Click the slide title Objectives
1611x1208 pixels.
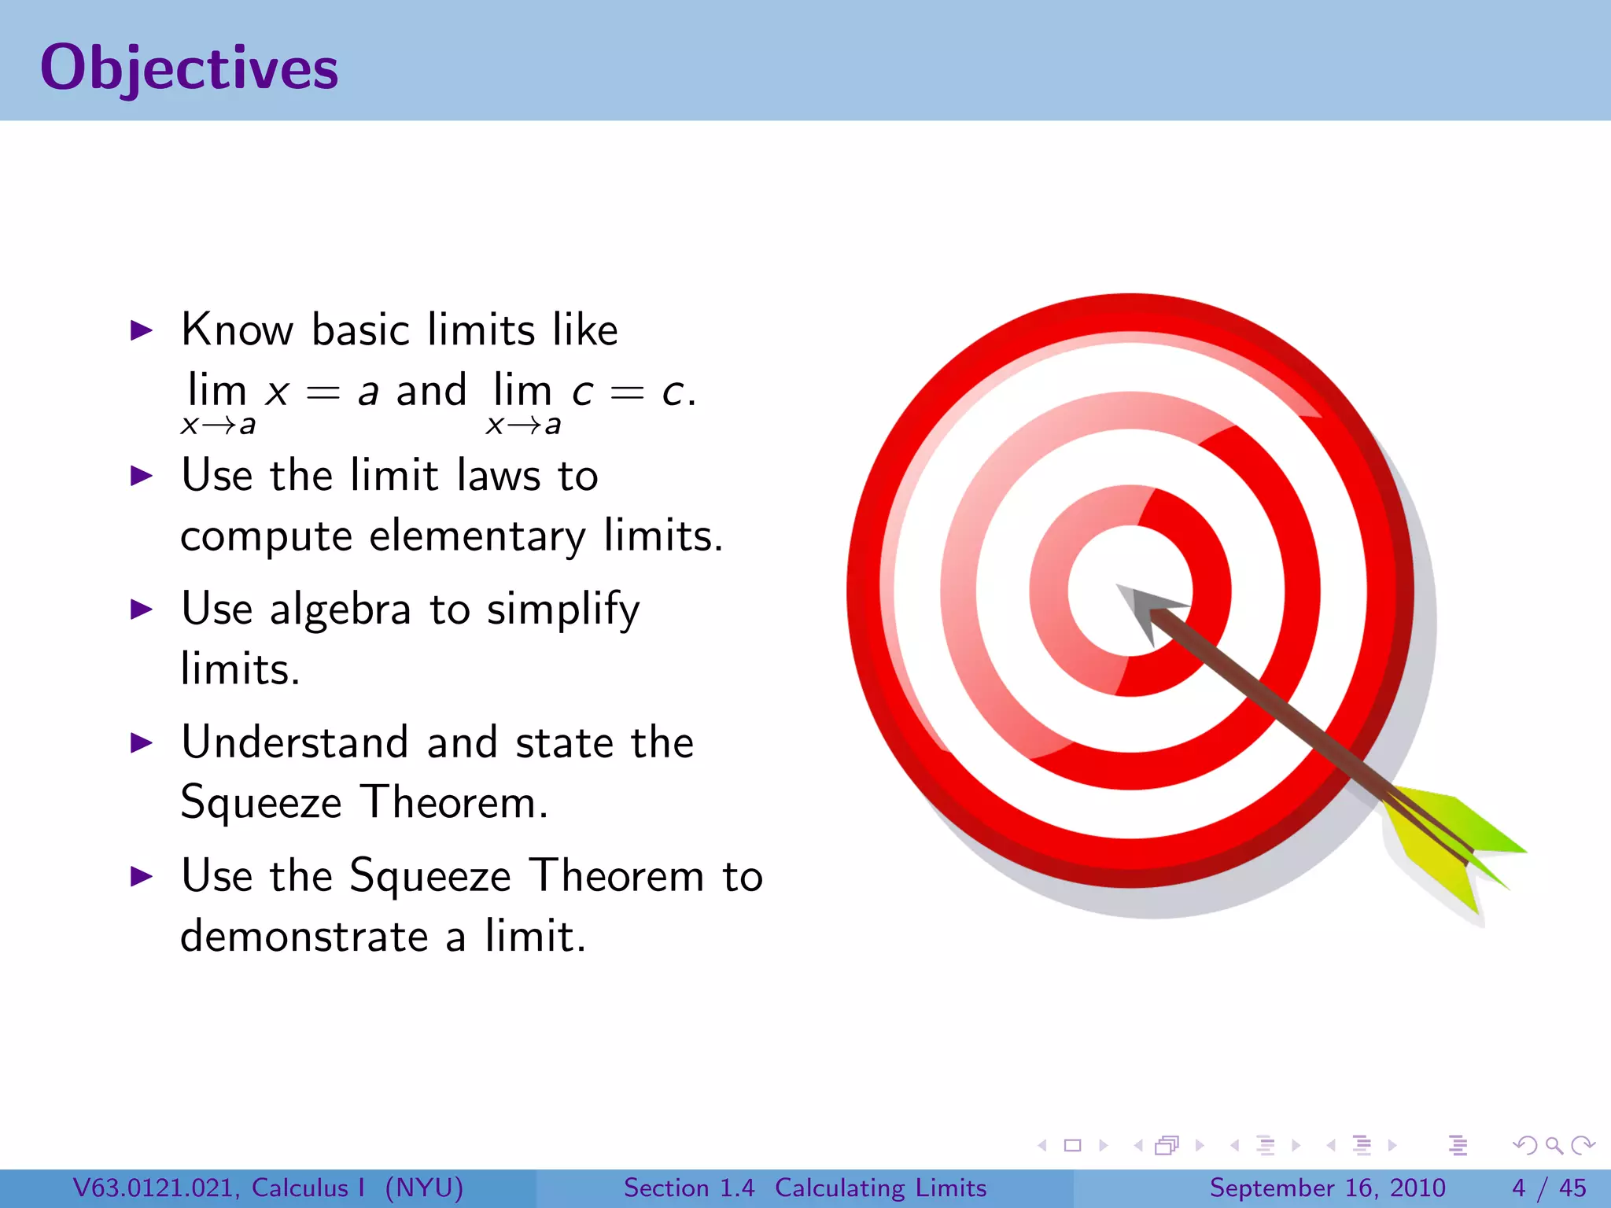click(x=189, y=68)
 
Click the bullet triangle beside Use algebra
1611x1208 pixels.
click(x=141, y=609)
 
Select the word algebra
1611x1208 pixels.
click(x=340, y=610)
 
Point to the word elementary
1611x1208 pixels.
click(x=477, y=537)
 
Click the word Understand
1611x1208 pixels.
click(x=294, y=742)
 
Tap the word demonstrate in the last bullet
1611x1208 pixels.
click(x=304, y=937)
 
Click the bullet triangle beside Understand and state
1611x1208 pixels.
click(x=141, y=742)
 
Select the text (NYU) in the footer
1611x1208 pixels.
click(x=424, y=1188)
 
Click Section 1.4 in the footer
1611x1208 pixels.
click(x=688, y=1188)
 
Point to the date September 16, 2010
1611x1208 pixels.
click(x=1327, y=1188)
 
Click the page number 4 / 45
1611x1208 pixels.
click(x=1549, y=1188)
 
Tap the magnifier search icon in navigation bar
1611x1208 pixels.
click(x=1554, y=1145)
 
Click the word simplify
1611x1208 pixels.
click(x=563, y=610)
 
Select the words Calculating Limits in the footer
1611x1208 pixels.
click(x=880, y=1188)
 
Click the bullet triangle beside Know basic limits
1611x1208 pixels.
click(x=141, y=330)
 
